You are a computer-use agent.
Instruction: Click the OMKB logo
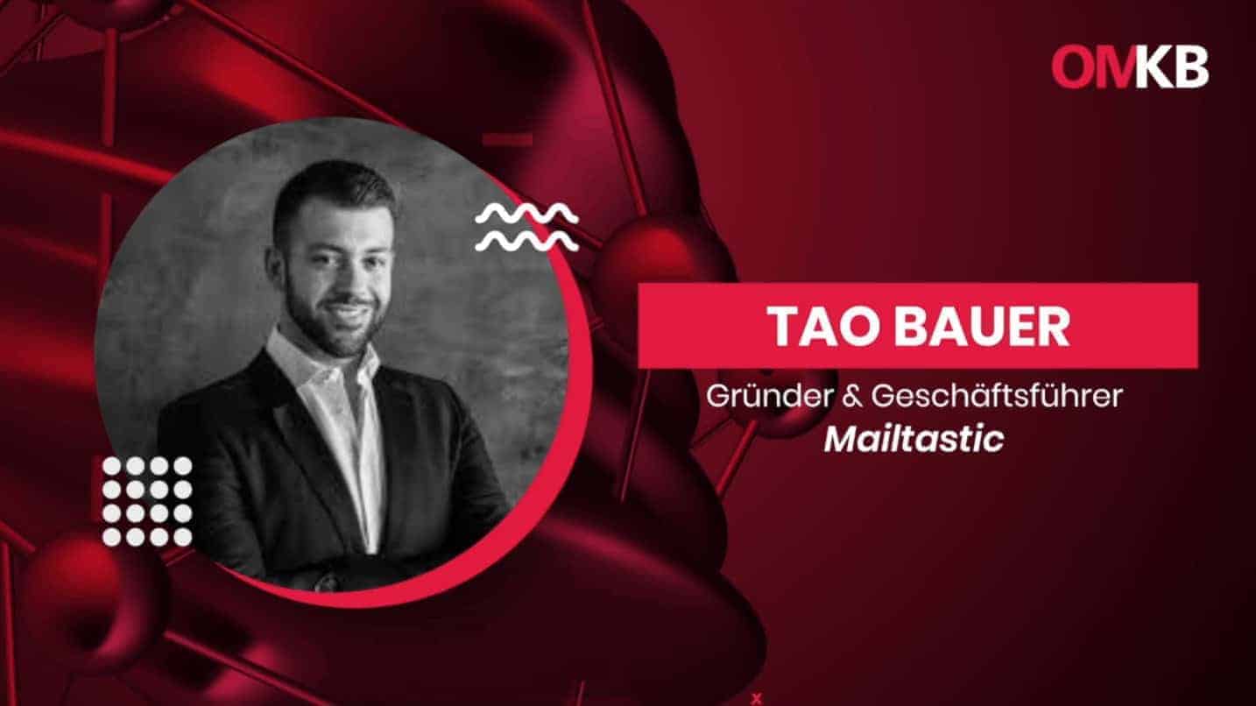1130,67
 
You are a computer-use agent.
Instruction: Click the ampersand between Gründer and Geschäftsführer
855,397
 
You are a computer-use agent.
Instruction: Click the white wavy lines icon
526,227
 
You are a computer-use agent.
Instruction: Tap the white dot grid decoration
146,501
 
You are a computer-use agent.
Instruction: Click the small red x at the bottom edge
756,698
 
